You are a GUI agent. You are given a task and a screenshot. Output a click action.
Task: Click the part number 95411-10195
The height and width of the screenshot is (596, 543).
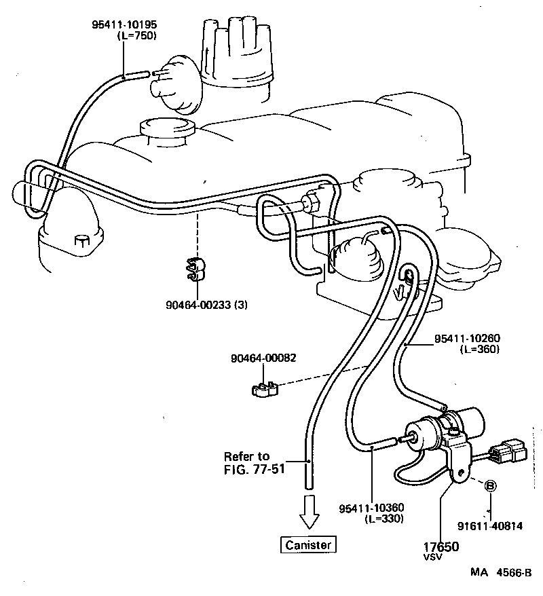[124, 24]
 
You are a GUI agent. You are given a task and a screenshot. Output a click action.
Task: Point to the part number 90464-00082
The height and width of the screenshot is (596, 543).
[263, 358]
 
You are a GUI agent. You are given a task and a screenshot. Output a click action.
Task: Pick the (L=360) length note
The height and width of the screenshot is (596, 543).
[479, 349]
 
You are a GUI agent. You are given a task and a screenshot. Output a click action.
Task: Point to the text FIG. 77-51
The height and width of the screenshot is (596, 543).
[255, 468]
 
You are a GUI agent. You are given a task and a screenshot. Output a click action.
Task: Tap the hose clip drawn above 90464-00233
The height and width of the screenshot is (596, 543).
[196, 269]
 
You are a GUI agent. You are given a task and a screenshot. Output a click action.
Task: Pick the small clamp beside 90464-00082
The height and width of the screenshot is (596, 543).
[265, 388]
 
